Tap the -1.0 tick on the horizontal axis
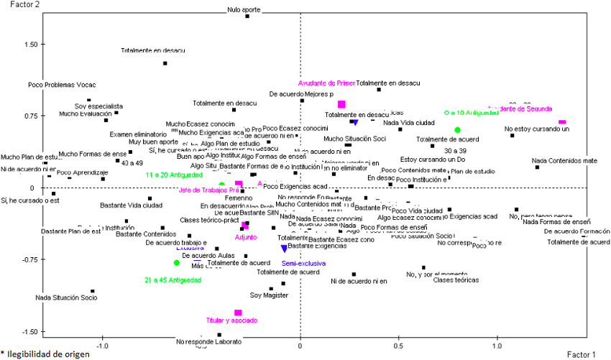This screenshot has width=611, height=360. pos(103,346)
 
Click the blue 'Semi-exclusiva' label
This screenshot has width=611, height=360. pos(305,264)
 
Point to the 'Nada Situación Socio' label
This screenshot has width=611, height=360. pos(66,297)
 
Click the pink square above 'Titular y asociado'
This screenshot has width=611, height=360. pos(238,313)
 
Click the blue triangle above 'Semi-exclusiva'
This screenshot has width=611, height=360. pos(284,248)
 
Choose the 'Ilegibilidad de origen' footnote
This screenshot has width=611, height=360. pos(48,354)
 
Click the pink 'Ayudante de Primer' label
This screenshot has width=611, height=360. pos(327,83)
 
